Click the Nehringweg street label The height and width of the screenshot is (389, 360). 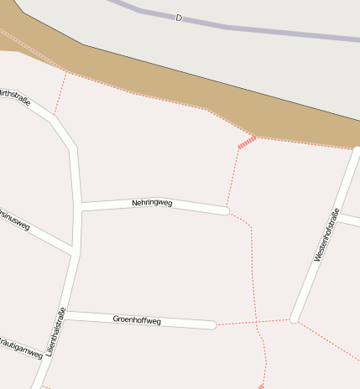point(152,203)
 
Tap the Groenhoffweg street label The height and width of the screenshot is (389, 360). point(137,319)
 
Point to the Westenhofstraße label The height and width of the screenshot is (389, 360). point(325,236)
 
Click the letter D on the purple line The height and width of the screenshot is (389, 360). point(179,18)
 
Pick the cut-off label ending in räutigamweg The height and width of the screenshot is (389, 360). point(20,348)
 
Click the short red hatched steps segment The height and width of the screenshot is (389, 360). point(246,143)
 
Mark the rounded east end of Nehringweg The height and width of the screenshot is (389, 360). point(225,210)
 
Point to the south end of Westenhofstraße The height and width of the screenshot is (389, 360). point(293,319)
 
